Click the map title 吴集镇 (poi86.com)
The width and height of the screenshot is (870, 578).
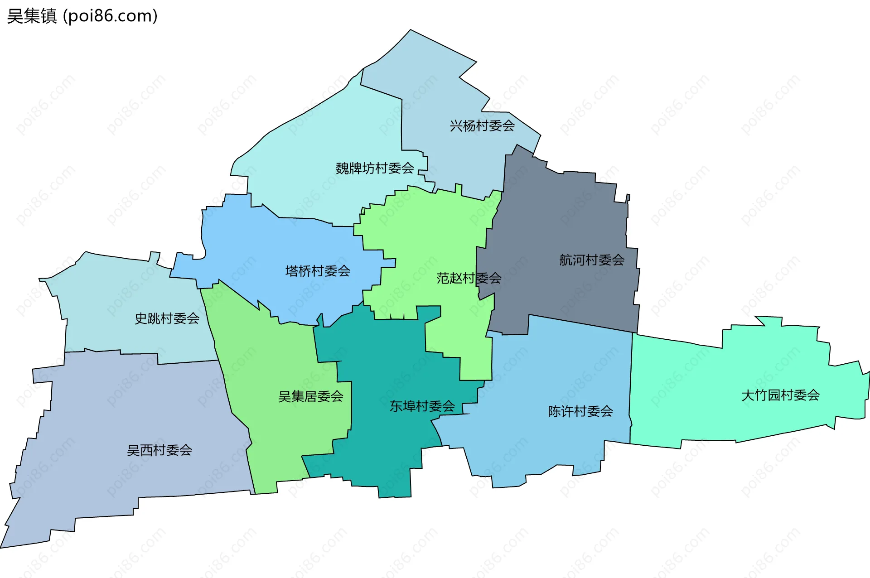tap(82, 16)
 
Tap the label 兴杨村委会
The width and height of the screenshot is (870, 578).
tap(482, 126)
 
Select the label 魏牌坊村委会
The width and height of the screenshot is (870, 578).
tap(375, 169)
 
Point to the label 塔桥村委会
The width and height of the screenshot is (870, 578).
tap(318, 271)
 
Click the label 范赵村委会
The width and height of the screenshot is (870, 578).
tap(469, 278)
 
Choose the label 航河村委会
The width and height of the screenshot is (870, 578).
tap(592, 260)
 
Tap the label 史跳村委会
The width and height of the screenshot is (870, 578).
tap(167, 318)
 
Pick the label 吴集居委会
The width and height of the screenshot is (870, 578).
tap(311, 397)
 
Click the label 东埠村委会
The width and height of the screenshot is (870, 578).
tap(422, 406)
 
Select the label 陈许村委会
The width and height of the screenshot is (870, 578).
tap(580, 411)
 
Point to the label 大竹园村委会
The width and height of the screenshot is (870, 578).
tap(780, 395)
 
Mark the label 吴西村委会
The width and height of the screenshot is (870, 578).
tap(159, 450)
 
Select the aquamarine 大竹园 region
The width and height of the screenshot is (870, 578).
tap(725, 385)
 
